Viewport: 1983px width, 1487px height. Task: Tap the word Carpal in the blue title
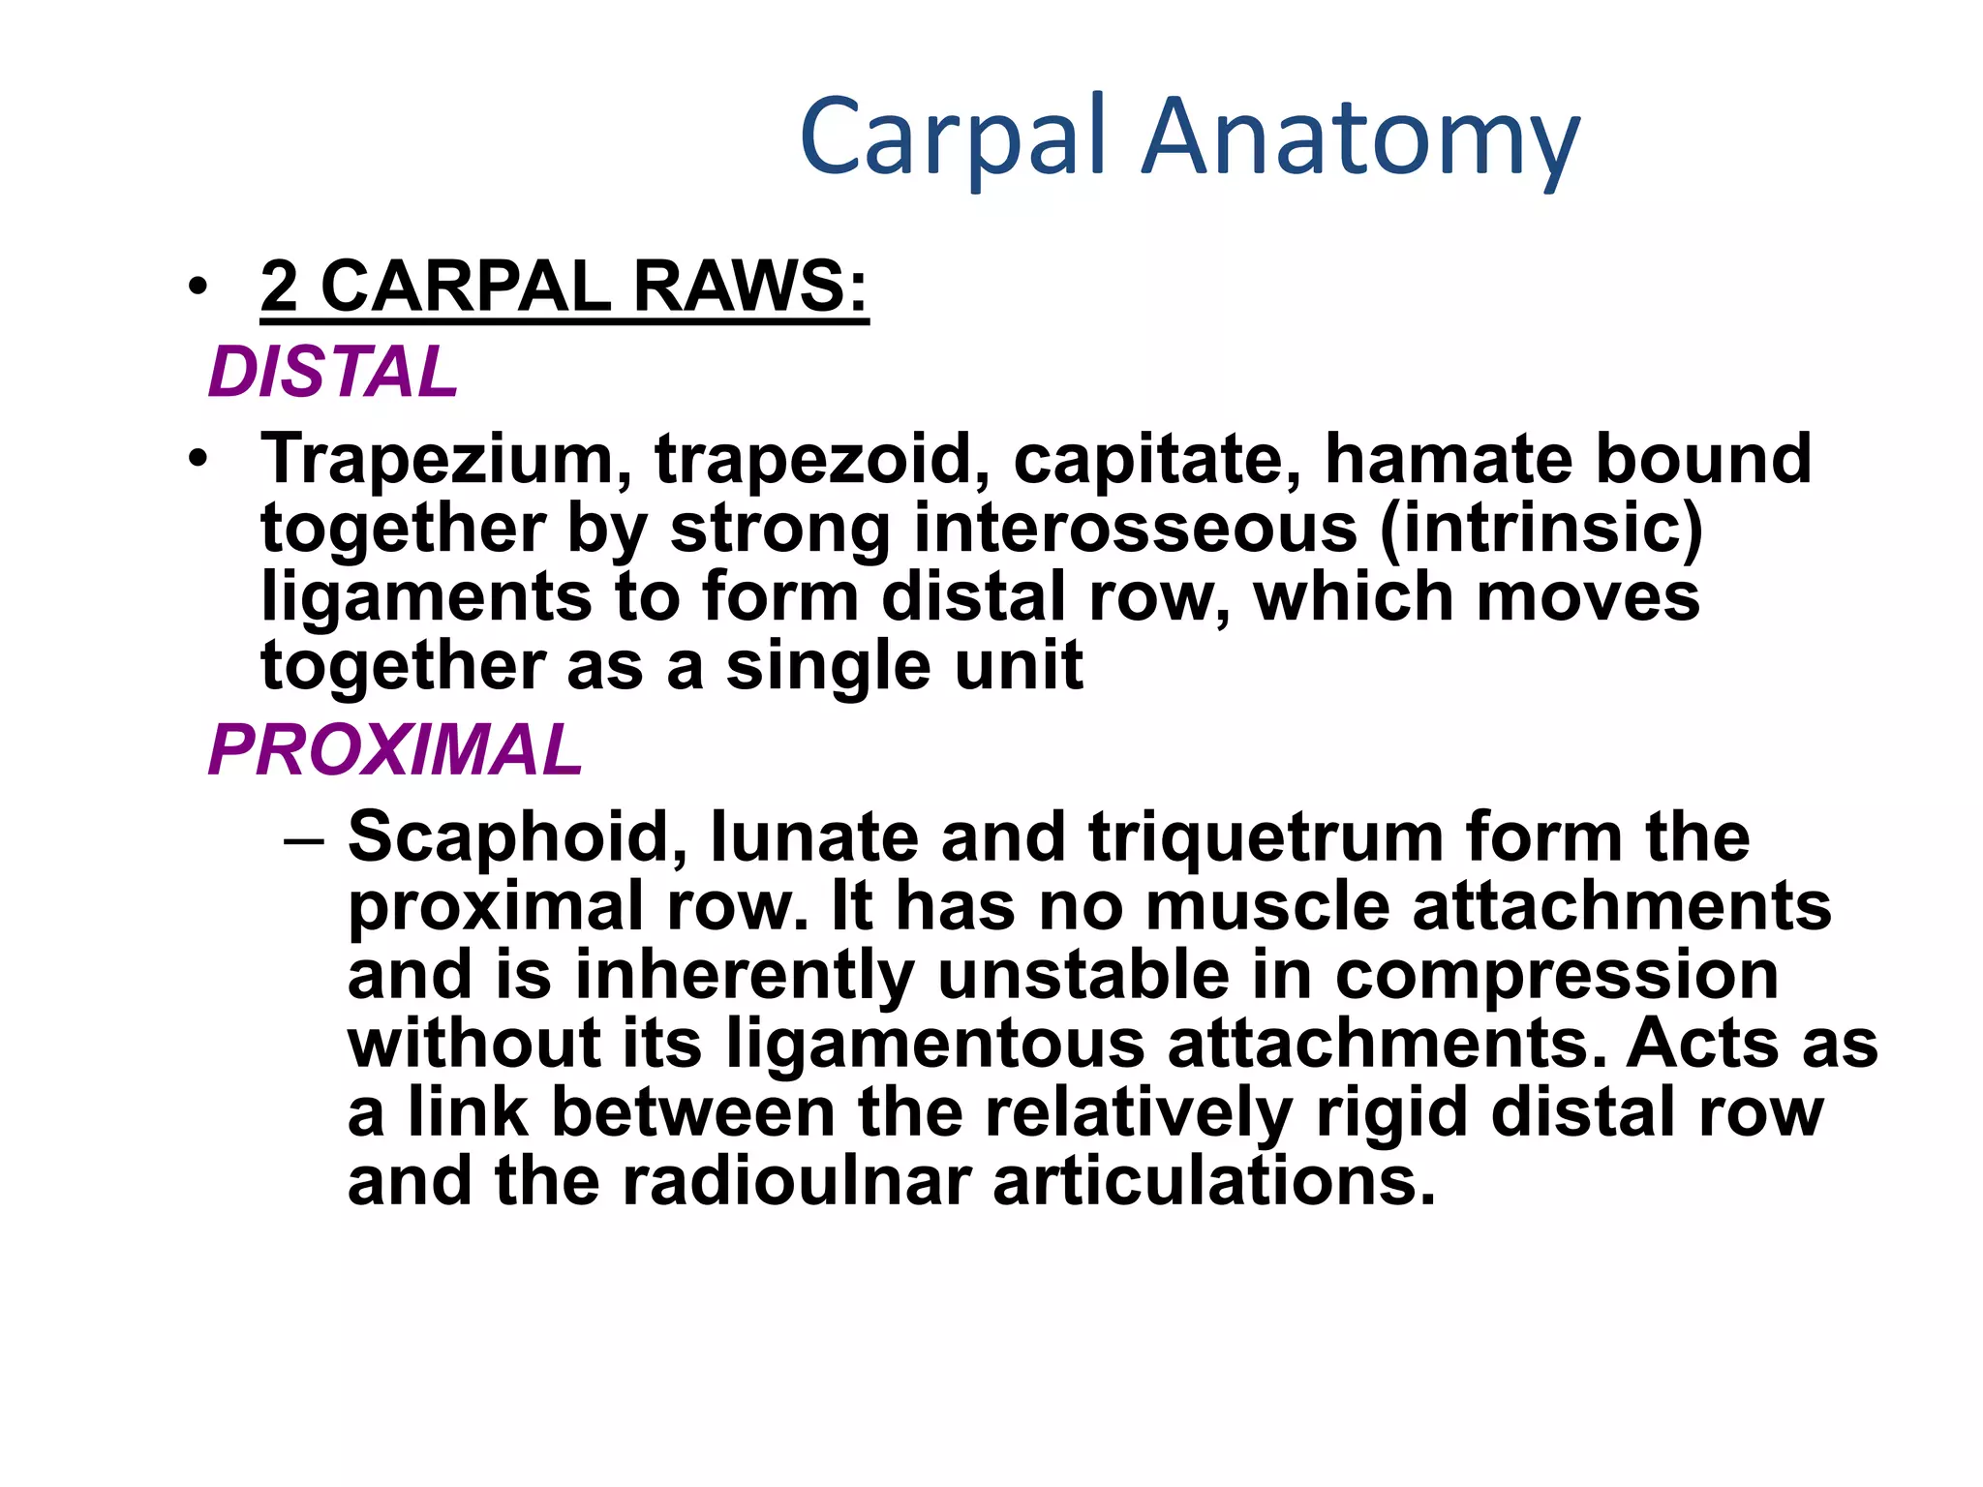pos(953,137)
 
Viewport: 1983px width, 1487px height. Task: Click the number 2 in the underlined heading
pos(279,287)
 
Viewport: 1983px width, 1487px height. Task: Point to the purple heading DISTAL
pos(333,372)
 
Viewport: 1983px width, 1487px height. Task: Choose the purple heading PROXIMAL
pos(395,750)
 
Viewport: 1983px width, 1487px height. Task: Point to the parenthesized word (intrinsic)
pos(1541,529)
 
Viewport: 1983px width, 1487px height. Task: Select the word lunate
pos(814,836)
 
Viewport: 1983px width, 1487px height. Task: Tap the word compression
pos(1557,976)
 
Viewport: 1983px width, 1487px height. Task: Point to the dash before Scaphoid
pos(304,838)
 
